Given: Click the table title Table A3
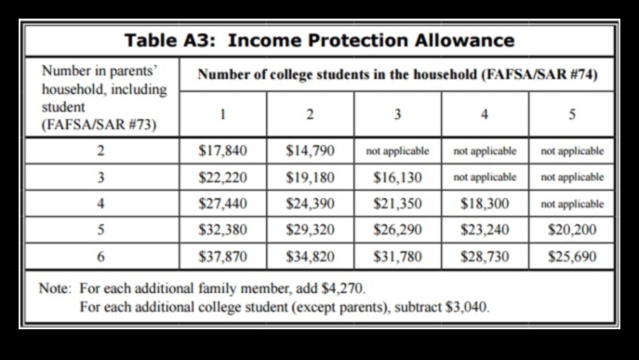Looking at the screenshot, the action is click(x=319, y=40).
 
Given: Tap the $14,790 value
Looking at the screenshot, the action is click(x=310, y=150).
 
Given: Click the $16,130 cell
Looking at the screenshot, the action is click(x=397, y=177).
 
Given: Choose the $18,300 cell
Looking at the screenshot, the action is click(x=485, y=203).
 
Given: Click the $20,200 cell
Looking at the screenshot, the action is click(x=572, y=229).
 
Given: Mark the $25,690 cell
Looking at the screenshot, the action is click(x=572, y=255).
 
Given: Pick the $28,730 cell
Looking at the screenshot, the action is click(x=485, y=255).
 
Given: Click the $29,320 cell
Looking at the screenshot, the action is click(x=310, y=229).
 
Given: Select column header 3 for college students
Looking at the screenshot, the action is click(x=397, y=114).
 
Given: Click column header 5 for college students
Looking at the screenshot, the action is click(x=572, y=114).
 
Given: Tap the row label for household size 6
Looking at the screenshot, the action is click(x=99, y=255).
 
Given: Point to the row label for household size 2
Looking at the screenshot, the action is click(x=99, y=150).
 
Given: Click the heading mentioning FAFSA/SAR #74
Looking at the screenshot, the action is click(x=395, y=74).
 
